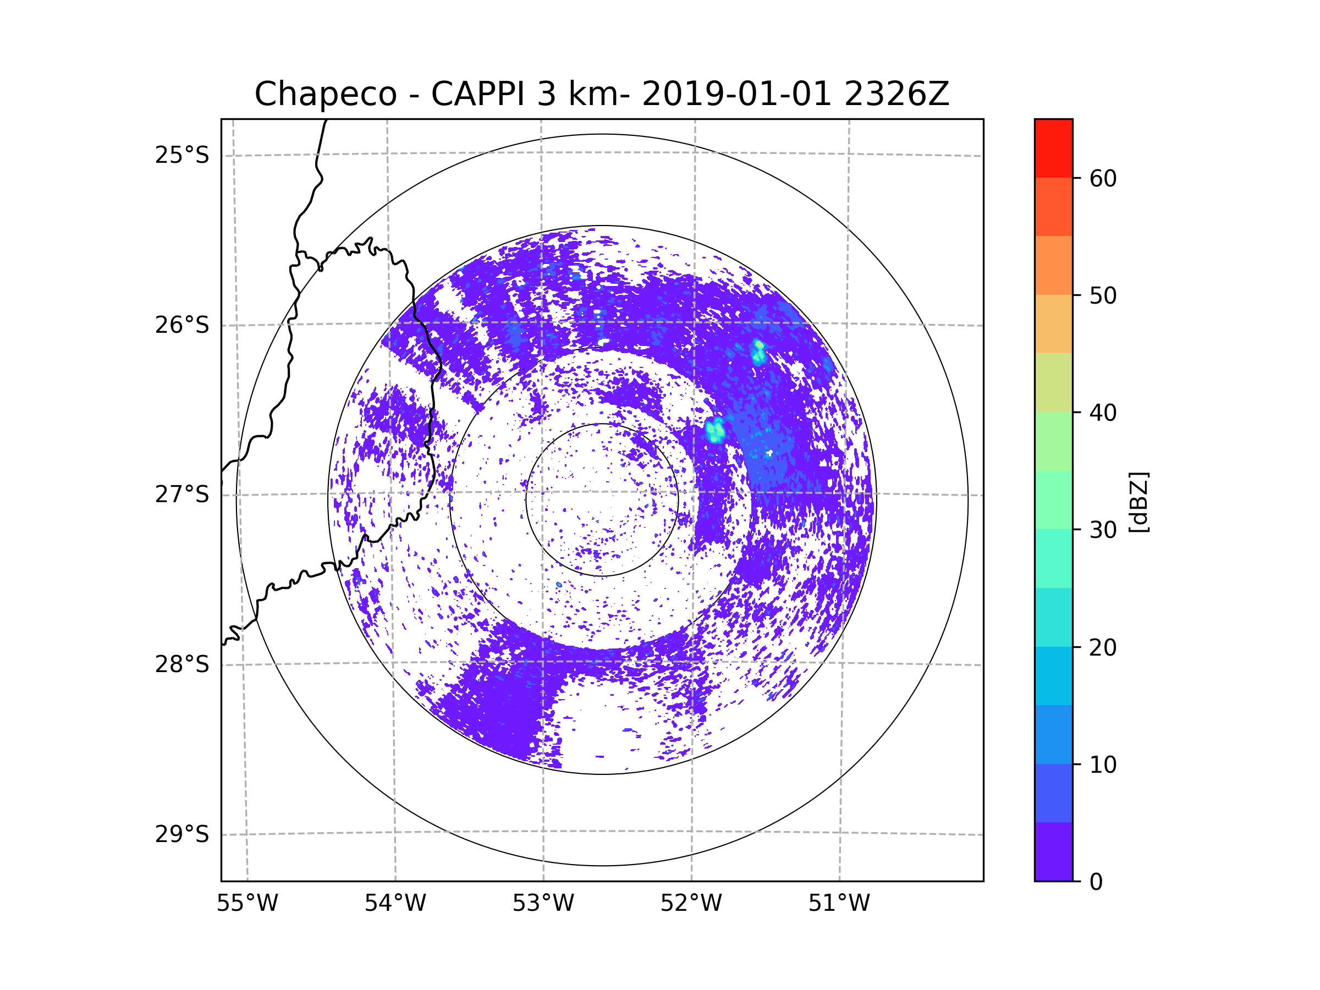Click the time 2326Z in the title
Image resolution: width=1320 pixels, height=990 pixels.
click(897, 94)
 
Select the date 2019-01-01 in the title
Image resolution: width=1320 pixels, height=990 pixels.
click(736, 94)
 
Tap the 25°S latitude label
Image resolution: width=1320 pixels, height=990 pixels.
click(182, 155)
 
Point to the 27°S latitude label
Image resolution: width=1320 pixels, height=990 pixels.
click(182, 494)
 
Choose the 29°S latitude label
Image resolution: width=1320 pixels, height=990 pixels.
click(182, 834)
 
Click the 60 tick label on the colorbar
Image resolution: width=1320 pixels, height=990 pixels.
click(1103, 178)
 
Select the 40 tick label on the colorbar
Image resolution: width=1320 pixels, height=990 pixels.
click(1103, 413)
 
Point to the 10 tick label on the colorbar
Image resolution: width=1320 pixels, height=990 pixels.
click(1103, 765)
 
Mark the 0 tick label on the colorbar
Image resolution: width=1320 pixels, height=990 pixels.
click(1096, 882)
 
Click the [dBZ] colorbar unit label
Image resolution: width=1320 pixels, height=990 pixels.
click(1138, 502)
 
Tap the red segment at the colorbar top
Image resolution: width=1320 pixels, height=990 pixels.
click(1054, 148)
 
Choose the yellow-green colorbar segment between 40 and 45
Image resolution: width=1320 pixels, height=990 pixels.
click(1054, 382)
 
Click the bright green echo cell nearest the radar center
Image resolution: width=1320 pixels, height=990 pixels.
click(715, 430)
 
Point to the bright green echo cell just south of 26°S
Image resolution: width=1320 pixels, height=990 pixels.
click(758, 352)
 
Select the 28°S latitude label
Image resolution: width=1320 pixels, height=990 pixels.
click(182, 664)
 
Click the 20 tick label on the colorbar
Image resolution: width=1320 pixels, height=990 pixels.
click(1103, 647)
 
